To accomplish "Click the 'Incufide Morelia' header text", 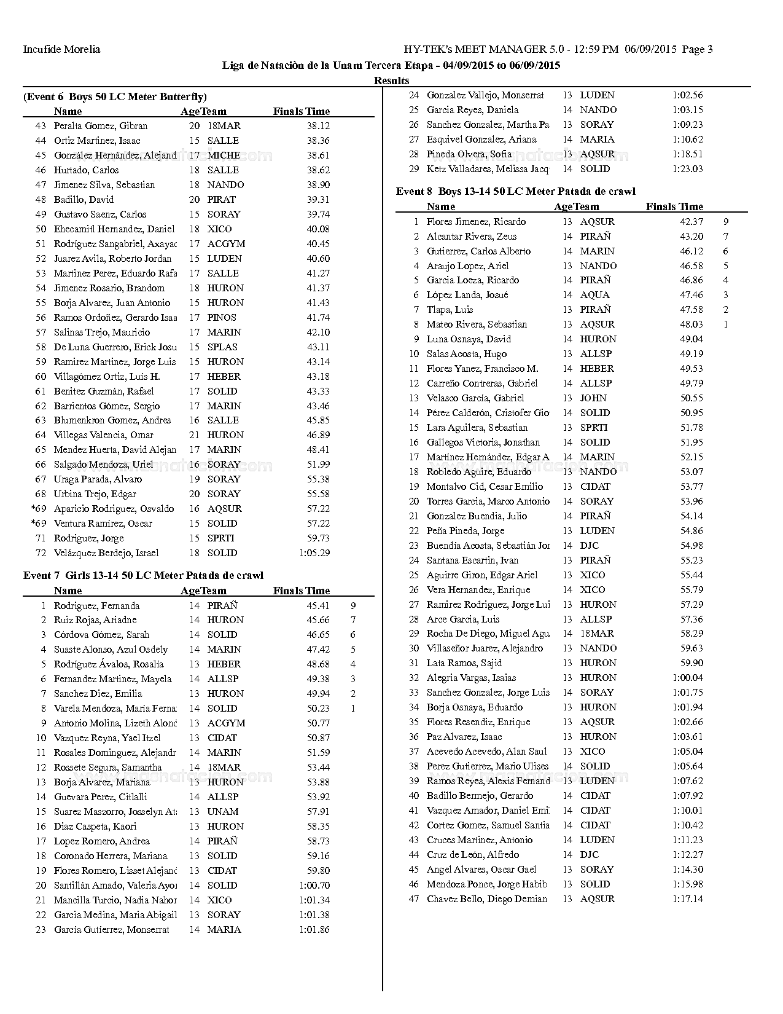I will click(61, 49).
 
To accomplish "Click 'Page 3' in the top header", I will click(697, 49).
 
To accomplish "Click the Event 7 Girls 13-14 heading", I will click(143, 575).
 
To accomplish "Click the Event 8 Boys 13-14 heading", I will click(515, 191).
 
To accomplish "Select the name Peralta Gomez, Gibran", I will click(101, 125).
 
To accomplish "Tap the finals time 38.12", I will click(318, 125).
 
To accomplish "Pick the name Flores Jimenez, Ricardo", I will click(476, 221).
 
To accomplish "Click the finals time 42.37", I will click(691, 221).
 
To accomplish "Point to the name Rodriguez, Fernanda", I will click(96, 605).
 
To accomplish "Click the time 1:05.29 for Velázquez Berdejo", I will click(314, 552).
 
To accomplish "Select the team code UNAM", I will click(223, 811).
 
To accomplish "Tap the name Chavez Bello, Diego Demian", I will click(486, 898).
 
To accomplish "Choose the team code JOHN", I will click(593, 398).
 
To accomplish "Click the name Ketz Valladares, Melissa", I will click(488, 168).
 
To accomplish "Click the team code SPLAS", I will click(222, 347).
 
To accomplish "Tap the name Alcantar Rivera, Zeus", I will click(472, 236).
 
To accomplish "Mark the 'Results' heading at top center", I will click(391, 81).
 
